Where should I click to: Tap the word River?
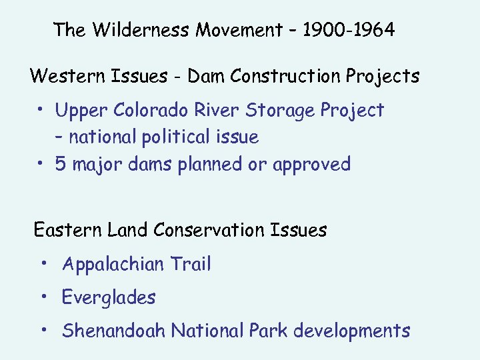tap(207, 110)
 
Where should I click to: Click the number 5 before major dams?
tap(61, 164)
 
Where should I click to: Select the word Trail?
tap(191, 264)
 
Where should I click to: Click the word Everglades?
tap(109, 298)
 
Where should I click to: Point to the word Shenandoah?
tap(114, 331)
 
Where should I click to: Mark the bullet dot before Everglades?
tap(43, 295)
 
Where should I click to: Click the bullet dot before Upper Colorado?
tap(41, 108)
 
